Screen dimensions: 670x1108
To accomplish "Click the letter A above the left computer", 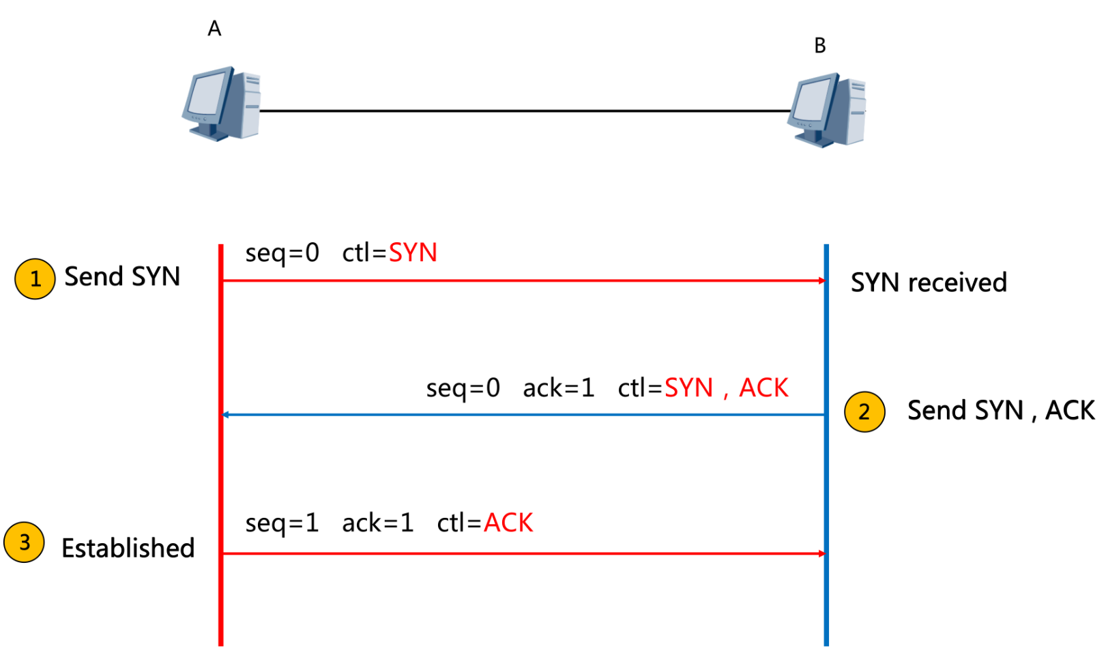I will pyautogui.click(x=214, y=29).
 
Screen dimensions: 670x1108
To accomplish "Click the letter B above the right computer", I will pyautogui.click(x=820, y=46).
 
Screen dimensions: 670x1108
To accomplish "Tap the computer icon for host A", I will pyautogui.click(x=221, y=104).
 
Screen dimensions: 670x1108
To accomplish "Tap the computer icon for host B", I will pyautogui.click(x=827, y=110).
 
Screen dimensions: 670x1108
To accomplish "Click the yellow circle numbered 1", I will pyautogui.click(x=35, y=278).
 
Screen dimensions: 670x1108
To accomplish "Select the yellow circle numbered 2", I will pyautogui.click(x=864, y=411).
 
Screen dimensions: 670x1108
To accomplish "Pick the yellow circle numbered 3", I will pyautogui.click(x=25, y=542).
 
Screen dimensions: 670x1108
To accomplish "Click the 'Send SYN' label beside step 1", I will pyautogui.click(x=122, y=277).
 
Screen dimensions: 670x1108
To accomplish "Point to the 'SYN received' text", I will pyautogui.click(x=929, y=282).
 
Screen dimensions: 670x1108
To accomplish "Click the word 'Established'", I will pyautogui.click(x=128, y=548).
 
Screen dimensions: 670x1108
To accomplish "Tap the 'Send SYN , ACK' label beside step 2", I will pyautogui.click(x=1000, y=411).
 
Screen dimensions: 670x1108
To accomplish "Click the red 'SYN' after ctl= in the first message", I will pyautogui.click(x=413, y=253).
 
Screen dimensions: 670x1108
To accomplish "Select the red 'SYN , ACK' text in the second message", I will pyautogui.click(x=726, y=388).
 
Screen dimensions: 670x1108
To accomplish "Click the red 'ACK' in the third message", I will pyautogui.click(x=508, y=523).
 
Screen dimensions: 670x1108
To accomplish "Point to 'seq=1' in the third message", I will pyautogui.click(x=282, y=523).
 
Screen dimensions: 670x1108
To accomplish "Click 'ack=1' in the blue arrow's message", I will pyautogui.click(x=559, y=388).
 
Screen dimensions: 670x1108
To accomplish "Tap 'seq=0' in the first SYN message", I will pyautogui.click(x=282, y=253).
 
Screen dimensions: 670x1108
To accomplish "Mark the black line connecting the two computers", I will pyautogui.click(x=525, y=111).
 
